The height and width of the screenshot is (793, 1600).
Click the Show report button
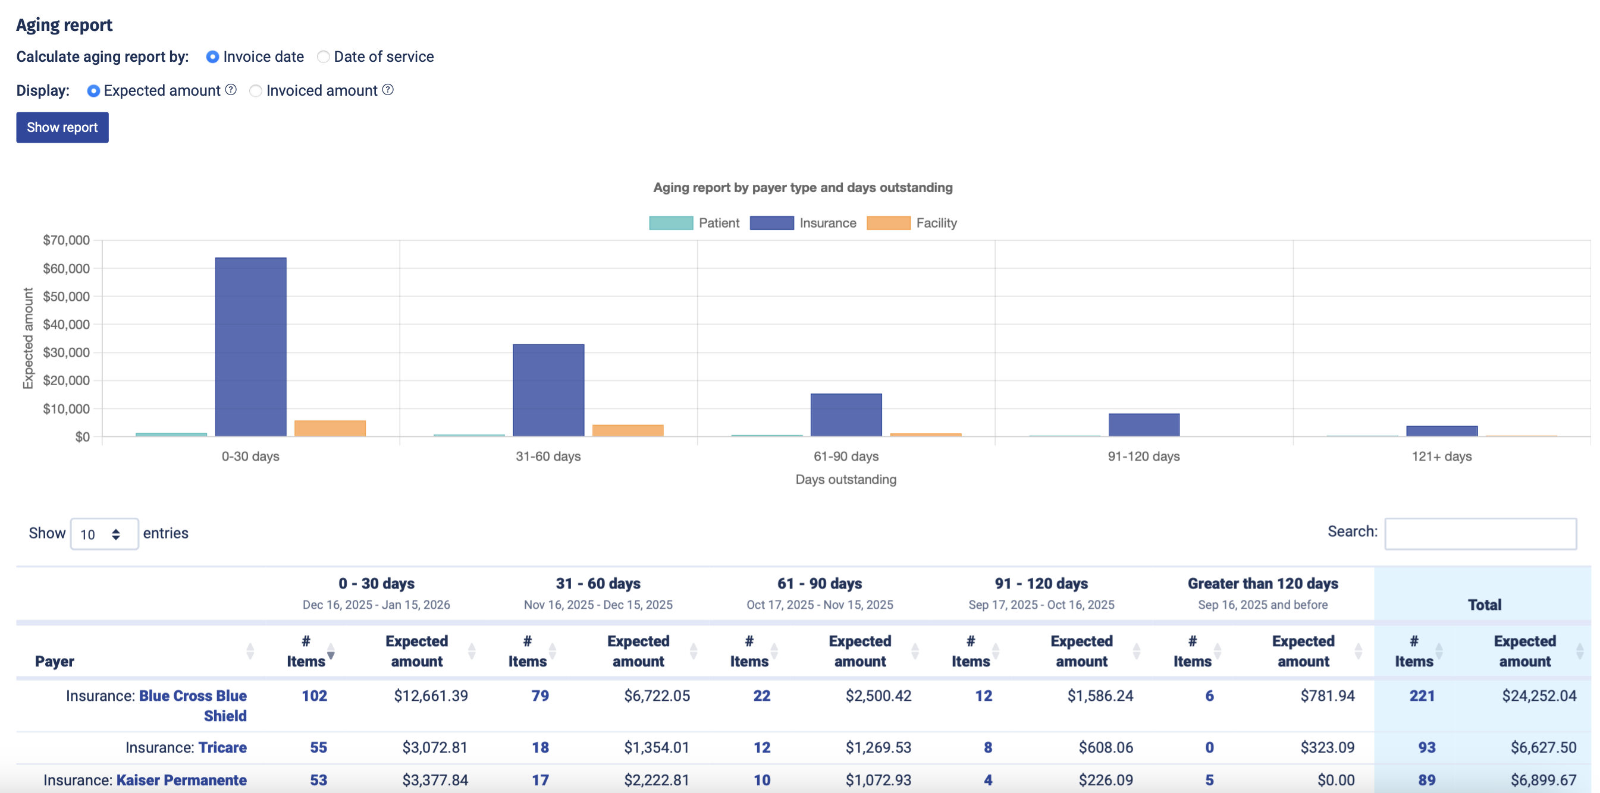pyautogui.click(x=62, y=127)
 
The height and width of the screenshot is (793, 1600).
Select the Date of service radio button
pyautogui.click(x=324, y=57)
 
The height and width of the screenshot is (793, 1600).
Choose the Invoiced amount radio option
pyautogui.click(x=255, y=92)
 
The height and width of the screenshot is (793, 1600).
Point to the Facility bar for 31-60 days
pyautogui.click(x=628, y=430)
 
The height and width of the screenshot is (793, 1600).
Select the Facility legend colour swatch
pyautogui.click(x=887, y=223)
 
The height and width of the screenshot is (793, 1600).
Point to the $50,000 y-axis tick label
pyautogui.click(x=67, y=296)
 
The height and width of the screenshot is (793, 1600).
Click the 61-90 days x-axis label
pyautogui.click(x=845, y=457)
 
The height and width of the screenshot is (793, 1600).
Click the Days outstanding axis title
pyautogui.click(x=845, y=479)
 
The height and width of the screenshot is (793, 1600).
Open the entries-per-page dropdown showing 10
pyautogui.click(x=103, y=534)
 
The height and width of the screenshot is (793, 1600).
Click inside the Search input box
pyautogui.click(x=1479, y=533)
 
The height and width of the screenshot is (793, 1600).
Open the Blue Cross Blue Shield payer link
pyautogui.click(x=193, y=696)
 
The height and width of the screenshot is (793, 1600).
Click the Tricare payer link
pyautogui.click(x=222, y=748)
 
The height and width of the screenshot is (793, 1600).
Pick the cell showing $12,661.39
pyautogui.click(x=431, y=696)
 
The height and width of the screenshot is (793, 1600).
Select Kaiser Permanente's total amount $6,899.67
pyautogui.click(x=1543, y=780)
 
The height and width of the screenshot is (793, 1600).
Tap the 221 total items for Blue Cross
pyautogui.click(x=1421, y=696)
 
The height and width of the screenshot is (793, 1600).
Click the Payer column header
pyautogui.click(x=55, y=662)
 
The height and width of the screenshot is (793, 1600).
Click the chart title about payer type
pyautogui.click(x=802, y=187)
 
